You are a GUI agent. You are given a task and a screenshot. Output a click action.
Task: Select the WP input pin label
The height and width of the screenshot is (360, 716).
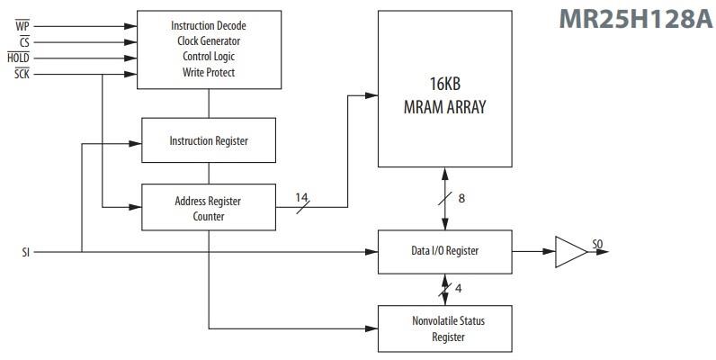23,25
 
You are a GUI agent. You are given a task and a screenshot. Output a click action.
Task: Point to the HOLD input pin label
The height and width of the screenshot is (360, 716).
19,58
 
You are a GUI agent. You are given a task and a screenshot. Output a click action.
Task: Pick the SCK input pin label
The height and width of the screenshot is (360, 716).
22,74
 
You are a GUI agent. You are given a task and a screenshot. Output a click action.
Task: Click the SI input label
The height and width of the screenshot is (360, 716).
26,251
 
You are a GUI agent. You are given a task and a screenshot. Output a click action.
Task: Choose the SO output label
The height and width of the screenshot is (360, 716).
597,243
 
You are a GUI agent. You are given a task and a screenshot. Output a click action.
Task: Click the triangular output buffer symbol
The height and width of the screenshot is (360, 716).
568,251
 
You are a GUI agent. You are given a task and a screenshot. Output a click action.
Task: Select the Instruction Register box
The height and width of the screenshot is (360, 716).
209,141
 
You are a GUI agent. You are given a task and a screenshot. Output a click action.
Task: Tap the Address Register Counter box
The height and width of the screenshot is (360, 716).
209,208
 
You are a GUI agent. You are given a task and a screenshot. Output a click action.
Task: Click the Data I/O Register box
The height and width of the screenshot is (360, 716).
444,251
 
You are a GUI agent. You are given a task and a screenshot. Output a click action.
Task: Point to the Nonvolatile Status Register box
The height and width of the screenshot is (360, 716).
444,328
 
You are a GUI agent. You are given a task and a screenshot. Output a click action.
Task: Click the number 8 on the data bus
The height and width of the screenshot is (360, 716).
461,198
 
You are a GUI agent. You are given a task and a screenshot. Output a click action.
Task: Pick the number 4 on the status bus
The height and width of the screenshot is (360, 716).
459,288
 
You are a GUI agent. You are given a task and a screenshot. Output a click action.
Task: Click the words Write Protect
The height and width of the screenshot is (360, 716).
209,73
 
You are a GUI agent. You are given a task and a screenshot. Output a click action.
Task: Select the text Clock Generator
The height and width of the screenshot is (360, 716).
209,41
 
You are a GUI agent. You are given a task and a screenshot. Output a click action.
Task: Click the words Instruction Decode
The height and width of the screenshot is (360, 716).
209,25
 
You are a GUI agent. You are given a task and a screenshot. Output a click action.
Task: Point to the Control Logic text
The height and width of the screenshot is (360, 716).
209,57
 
